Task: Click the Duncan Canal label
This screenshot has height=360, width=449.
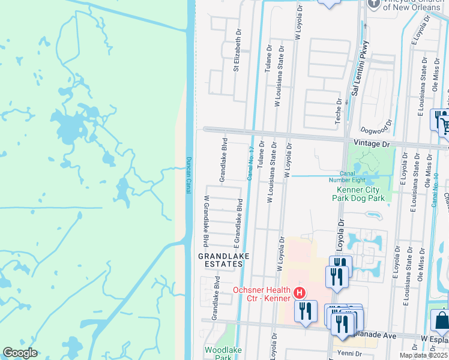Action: pyautogui.click(x=188, y=175)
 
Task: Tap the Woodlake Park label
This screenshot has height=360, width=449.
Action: pyautogui.click(x=218, y=353)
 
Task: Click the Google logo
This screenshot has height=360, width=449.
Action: pyautogui.click(x=20, y=353)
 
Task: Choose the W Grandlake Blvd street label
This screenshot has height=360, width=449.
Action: pyautogui.click(x=206, y=221)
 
